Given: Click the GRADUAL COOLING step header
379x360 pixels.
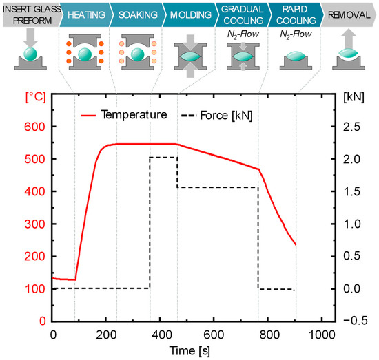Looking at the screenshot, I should (x=237, y=14).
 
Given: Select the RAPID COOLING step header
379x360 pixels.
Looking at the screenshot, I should (x=290, y=14).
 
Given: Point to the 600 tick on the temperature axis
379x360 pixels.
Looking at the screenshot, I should (x=35, y=127).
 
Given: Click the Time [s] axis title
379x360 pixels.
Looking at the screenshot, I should (x=187, y=350).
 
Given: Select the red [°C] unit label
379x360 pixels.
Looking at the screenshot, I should (x=34, y=97).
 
